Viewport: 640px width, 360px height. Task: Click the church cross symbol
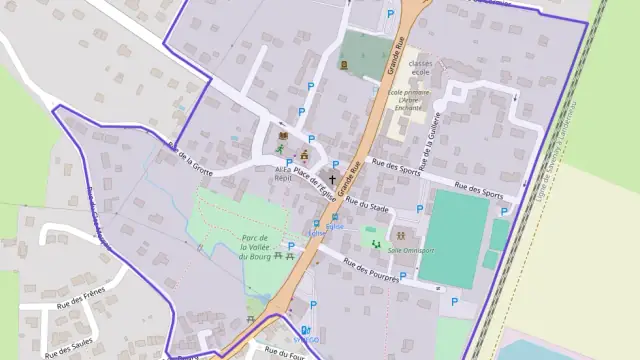coord(333,177)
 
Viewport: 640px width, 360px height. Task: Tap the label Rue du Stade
coord(366,205)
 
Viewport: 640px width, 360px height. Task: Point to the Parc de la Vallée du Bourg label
coord(250,247)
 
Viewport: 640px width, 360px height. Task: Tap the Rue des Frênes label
coord(82,298)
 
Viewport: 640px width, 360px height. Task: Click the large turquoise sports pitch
coord(453,238)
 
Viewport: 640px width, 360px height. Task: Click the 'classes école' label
coord(420,67)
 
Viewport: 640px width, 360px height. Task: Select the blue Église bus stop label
coord(319,231)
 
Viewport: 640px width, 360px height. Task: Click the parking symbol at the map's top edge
coord(390,15)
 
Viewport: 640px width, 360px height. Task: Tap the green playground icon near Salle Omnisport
coord(374,242)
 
